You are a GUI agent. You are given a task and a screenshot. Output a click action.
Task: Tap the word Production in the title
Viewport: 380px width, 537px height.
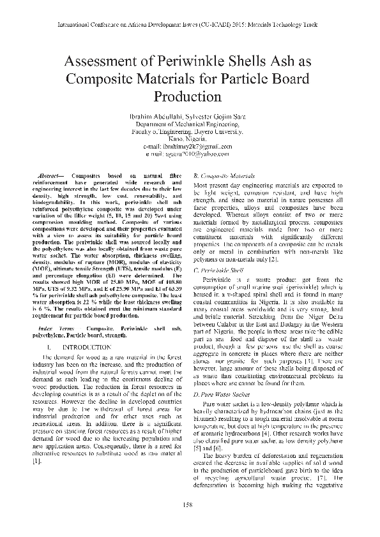pos(187,98)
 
